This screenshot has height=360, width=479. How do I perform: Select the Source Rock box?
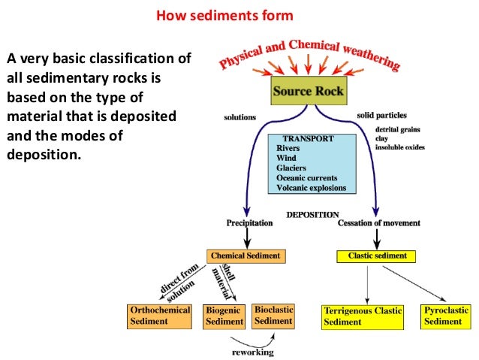tap(308, 92)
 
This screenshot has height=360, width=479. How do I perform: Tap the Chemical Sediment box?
tap(246, 256)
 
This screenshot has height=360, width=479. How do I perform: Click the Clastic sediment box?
tap(377, 256)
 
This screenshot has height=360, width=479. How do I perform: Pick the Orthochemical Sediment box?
tap(161, 315)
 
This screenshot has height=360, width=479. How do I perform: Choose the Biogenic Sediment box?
tap(224, 316)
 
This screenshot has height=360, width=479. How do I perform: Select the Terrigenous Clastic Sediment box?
tap(363, 316)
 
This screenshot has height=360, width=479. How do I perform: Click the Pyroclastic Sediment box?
tap(446, 316)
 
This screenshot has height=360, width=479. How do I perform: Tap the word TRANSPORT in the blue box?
tap(308, 139)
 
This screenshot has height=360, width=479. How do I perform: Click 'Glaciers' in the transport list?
tap(293, 168)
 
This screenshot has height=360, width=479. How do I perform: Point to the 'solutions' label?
tap(239, 117)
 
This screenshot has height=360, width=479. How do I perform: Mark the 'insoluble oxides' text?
tap(399, 147)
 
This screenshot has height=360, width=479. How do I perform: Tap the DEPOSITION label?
tap(313, 213)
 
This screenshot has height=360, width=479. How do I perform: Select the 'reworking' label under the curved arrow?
tap(252, 352)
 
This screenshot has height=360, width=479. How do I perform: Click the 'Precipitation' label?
tap(249, 223)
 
